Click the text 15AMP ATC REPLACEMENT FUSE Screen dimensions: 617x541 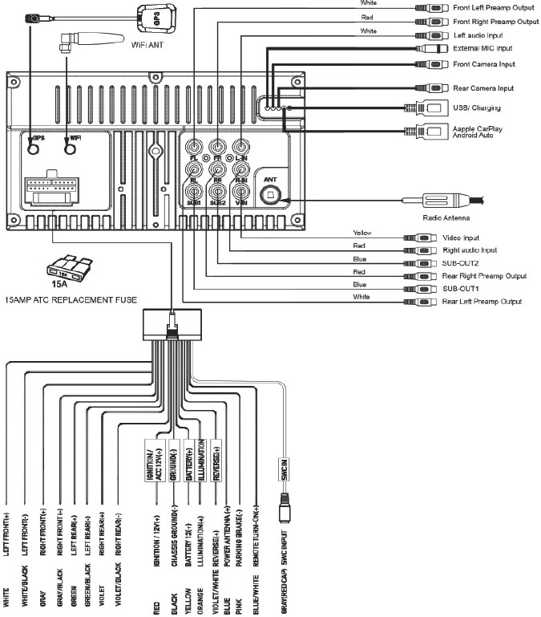71,299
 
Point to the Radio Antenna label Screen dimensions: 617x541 445,217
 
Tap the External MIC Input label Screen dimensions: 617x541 482,50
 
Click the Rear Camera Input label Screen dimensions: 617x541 482,88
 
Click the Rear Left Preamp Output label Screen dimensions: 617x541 482,301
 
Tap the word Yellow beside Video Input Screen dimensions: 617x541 363,233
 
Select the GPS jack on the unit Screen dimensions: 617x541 34,149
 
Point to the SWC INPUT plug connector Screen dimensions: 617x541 284,510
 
